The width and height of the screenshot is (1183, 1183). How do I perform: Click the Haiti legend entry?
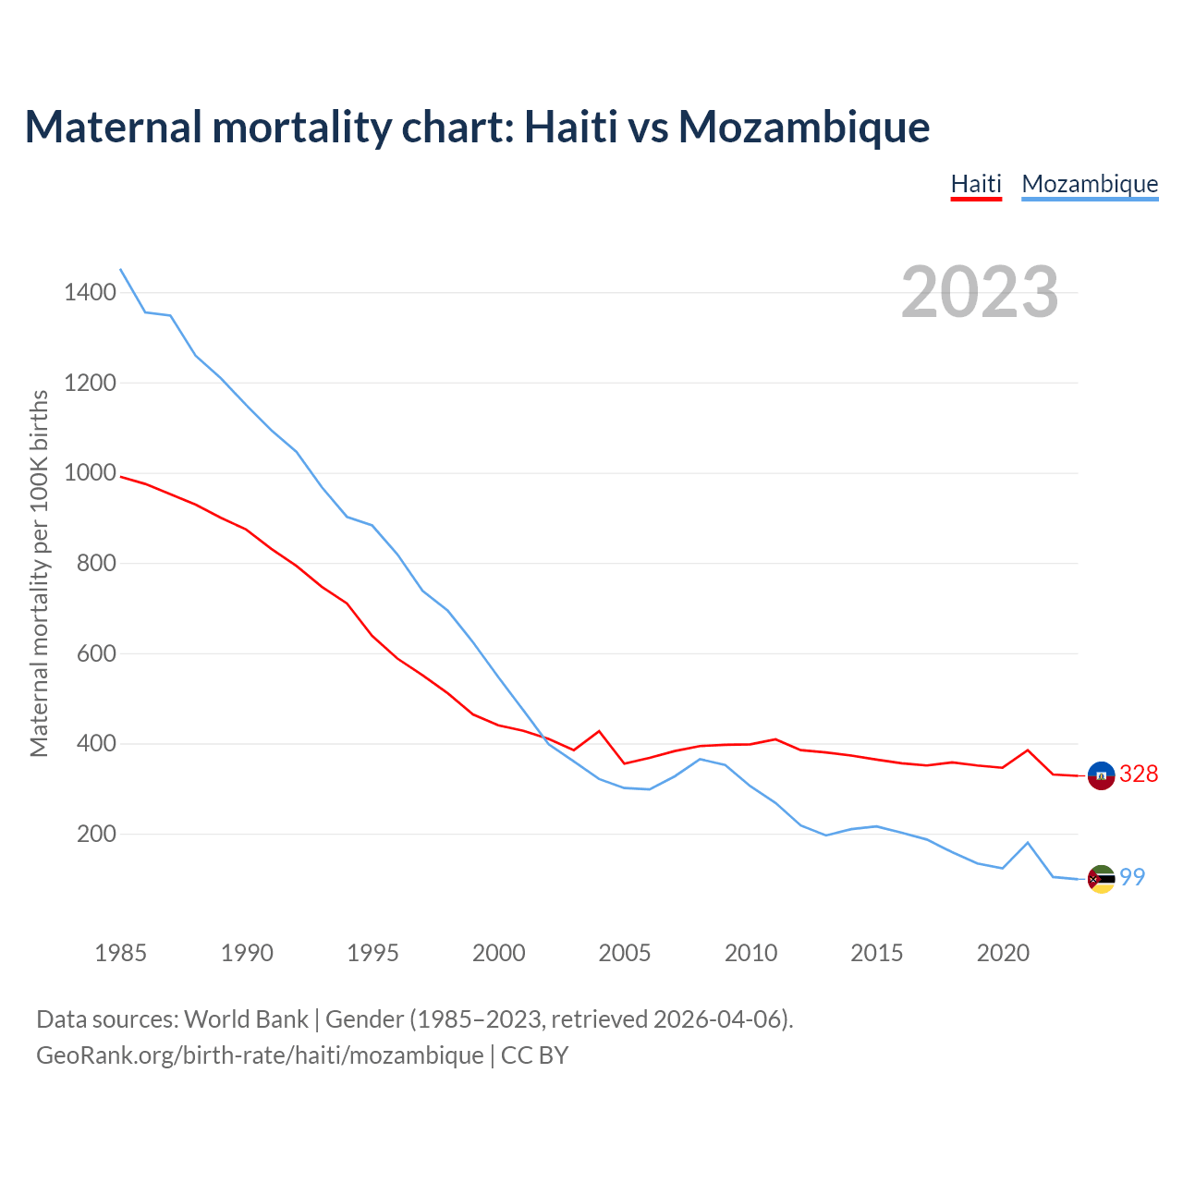click(x=976, y=184)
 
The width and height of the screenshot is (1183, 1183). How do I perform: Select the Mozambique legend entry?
click(x=1090, y=184)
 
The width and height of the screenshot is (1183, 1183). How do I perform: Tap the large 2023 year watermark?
click(x=980, y=292)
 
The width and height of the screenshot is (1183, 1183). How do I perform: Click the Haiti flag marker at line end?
click(x=1101, y=775)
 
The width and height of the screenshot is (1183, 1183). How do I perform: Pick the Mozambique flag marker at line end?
click(x=1101, y=879)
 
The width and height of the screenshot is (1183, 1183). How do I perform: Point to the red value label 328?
click(x=1139, y=774)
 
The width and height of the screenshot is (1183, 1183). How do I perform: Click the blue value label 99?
click(x=1132, y=877)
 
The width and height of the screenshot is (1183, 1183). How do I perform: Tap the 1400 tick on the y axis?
click(x=91, y=293)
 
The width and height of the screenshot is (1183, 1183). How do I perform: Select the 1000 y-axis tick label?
click(x=91, y=473)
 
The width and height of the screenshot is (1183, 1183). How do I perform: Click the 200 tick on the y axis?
click(x=97, y=834)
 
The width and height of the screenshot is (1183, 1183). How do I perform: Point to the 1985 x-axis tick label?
click(x=121, y=953)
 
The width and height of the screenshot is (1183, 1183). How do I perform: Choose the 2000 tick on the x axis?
click(x=499, y=953)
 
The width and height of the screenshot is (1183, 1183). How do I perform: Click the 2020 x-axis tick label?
click(x=1003, y=953)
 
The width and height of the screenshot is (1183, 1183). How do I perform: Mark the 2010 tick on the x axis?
click(x=750, y=953)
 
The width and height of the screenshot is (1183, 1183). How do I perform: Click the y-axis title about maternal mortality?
click(x=39, y=573)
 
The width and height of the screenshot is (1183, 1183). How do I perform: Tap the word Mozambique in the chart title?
click(x=804, y=128)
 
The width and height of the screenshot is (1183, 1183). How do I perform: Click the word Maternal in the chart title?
click(x=114, y=127)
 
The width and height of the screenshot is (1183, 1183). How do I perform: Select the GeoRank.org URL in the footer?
click(x=260, y=1055)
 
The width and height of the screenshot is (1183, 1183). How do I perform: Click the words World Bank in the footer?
click(x=246, y=1019)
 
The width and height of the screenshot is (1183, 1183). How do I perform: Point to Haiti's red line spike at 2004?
click(x=599, y=731)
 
